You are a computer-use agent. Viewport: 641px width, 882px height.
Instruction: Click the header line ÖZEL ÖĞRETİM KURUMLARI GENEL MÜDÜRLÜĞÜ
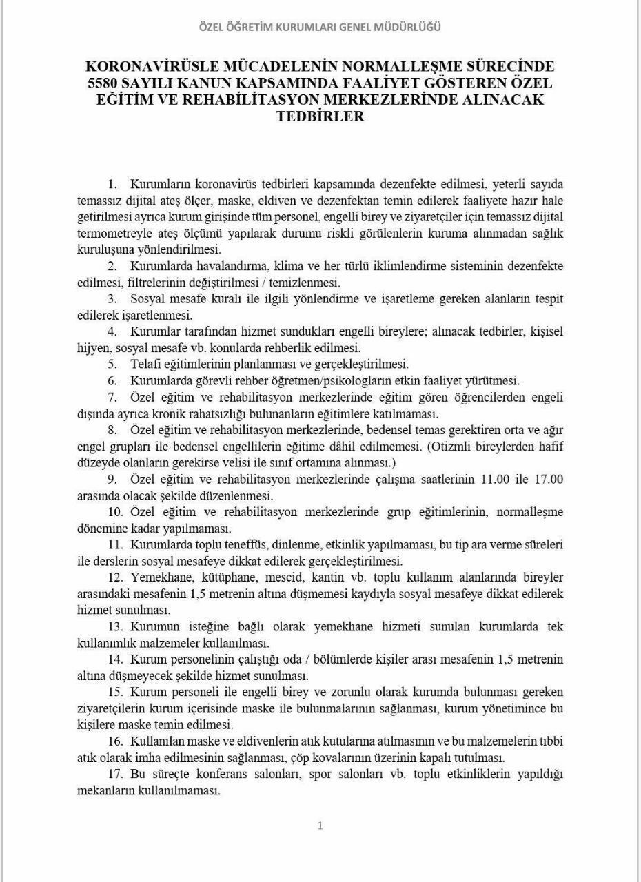click(x=320, y=28)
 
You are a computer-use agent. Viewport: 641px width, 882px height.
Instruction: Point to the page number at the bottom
click(x=320, y=825)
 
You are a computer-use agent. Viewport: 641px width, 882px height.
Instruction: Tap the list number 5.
click(x=112, y=364)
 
